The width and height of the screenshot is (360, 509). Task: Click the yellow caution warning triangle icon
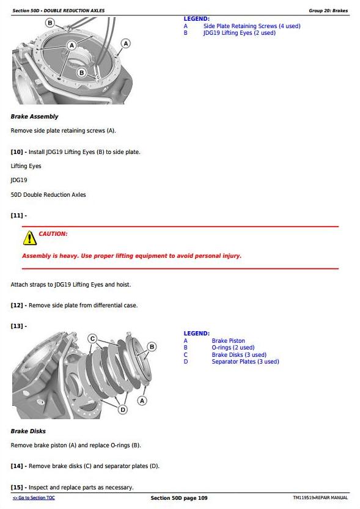(x=30, y=238)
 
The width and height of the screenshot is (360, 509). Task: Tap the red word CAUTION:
(x=53, y=233)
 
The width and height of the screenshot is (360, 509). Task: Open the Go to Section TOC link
(x=34, y=497)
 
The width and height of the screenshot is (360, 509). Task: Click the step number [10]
(x=17, y=152)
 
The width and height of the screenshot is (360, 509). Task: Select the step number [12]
(x=17, y=306)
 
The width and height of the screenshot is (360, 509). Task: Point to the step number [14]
(x=17, y=466)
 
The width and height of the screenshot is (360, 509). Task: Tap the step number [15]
(x=17, y=488)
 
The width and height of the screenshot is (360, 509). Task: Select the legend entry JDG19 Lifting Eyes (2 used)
(x=240, y=33)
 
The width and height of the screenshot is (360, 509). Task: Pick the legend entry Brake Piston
(x=228, y=341)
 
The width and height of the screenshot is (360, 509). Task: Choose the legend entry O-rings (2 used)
(x=233, y=348)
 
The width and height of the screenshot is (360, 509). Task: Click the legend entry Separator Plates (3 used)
(x=246, y=362)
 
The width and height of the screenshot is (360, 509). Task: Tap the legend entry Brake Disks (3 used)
(x=239, y=355)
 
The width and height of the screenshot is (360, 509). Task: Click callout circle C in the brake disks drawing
(x=92, y=339)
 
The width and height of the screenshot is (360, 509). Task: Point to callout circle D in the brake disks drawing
(x=123, y=409)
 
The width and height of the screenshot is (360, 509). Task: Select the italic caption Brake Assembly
(x=34, y=117)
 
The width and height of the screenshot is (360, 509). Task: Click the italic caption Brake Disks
(x=28, y=431)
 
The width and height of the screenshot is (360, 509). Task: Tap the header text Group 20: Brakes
(x=328, y=10)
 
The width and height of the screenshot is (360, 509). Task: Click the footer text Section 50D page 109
(x=179, y=498)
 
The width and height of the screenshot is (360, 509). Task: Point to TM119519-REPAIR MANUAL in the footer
(x=320, y=497)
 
